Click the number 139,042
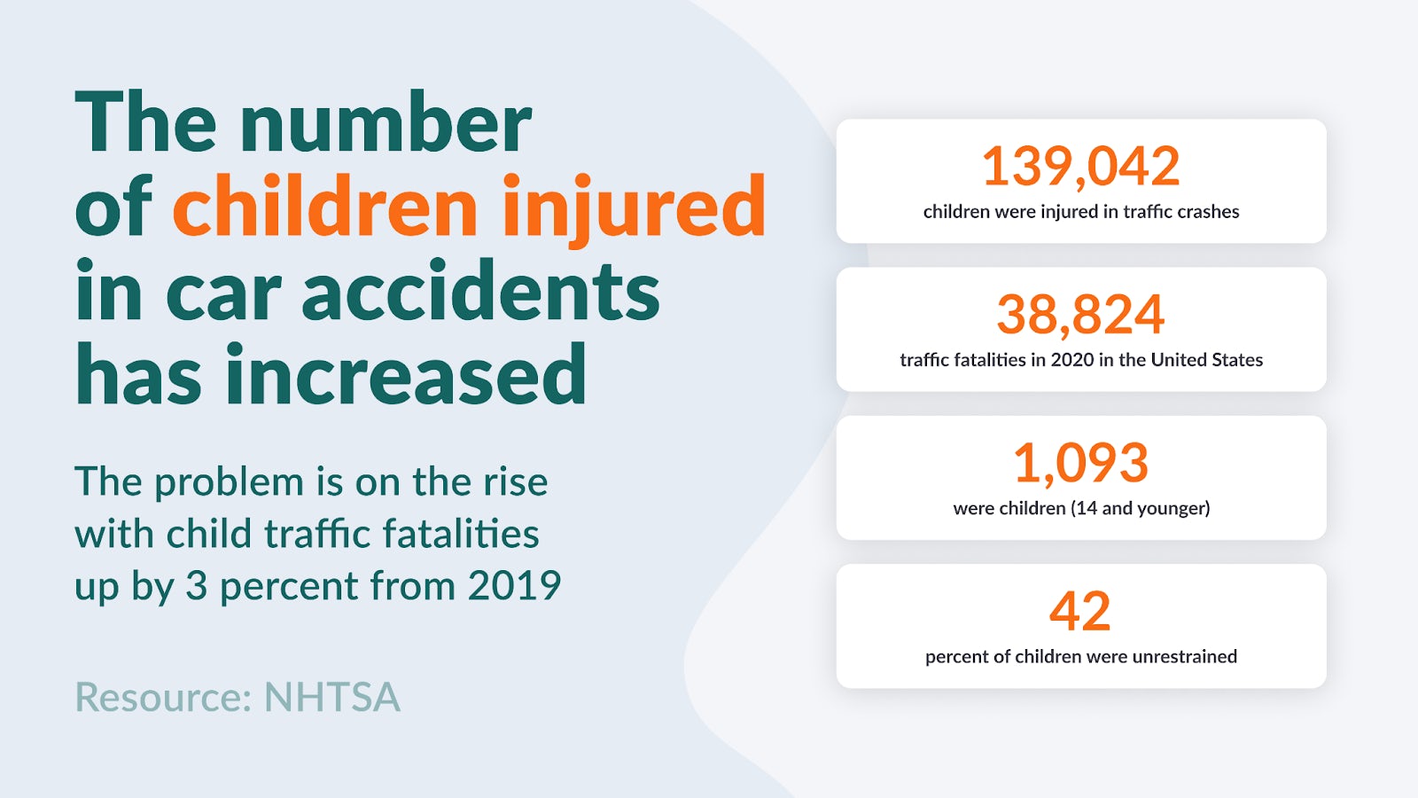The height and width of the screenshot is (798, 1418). [1080, 166]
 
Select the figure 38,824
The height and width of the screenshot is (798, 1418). [1080, 314]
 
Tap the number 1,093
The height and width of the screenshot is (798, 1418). [1080, 463]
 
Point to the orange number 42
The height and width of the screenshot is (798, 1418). [1080, 611]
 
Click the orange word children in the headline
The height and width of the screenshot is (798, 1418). [325, 207]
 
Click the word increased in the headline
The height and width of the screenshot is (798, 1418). [406, 375]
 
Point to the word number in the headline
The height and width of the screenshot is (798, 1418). [386, 123]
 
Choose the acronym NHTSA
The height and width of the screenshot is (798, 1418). [332, 697]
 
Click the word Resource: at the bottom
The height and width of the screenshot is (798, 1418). [164, 697]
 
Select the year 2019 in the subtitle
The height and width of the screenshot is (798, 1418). [514, 586]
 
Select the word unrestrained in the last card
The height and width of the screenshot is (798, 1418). [1184, 657]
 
